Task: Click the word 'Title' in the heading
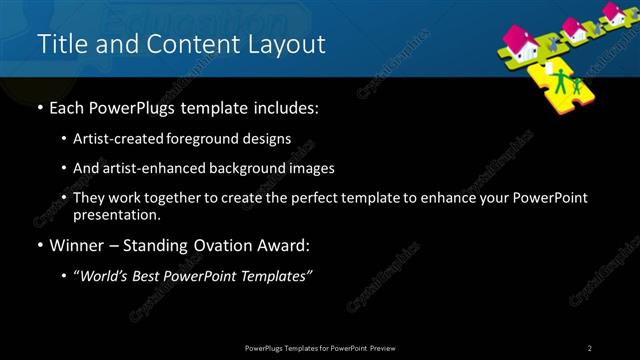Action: pyautogui.click(x=58, y=44)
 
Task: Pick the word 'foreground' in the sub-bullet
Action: pyautogui.click(x=203, y=139)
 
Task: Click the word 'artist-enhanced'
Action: pyautogui.click(x=147, y=168)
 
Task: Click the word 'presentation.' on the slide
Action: pyautogui.click(x=117, y=214)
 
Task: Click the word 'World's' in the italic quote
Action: pyautogui.click(x=107, y=275)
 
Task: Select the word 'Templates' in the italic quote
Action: pyautogui.click(x=276, y=275)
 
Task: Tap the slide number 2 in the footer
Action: pyautogui.click(x=590, y=347)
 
